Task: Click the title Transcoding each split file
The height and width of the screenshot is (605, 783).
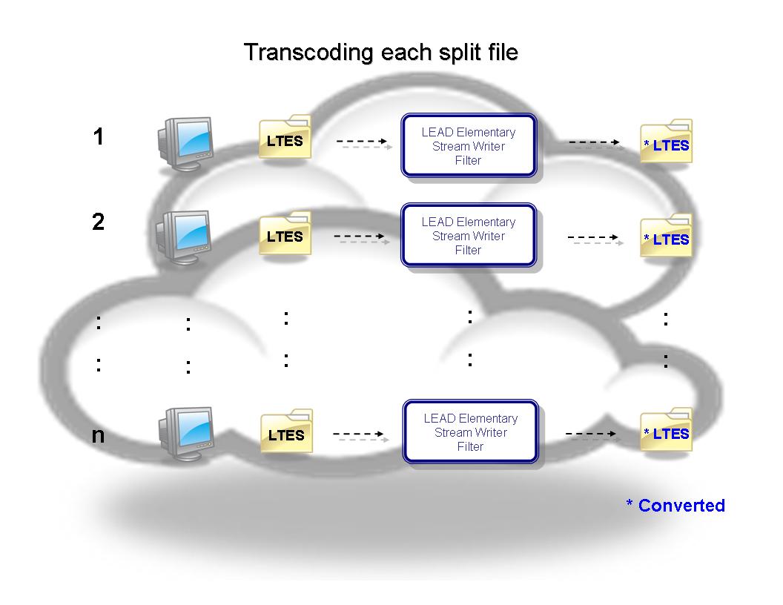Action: click(x=380, y=53)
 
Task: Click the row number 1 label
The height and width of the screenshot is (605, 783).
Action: click(x=99, y=136)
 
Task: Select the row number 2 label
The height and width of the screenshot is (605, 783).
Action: click(x=99, y=222)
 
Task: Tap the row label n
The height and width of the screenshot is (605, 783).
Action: click(x=98, y=435)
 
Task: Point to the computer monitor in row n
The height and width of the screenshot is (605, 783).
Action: click(x=185, y=432)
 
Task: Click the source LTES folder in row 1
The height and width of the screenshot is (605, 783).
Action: click(x=285, y=139)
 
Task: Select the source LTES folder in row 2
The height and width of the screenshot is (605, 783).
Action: click(x=285, y=235)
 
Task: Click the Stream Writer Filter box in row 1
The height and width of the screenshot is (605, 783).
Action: click(x=468, y=146)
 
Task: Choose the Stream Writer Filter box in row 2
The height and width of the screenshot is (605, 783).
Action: click(x=468, y=236)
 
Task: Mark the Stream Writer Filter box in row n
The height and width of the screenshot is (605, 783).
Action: click(x=470, y=432)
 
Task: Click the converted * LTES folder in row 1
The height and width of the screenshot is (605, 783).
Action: click(x=667, y=142)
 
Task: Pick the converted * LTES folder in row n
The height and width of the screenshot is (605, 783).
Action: click(x=667, y=432)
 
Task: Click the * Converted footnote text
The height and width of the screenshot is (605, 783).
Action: click(x=675, y=506)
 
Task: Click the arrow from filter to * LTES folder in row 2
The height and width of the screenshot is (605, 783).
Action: click(x=593, y=239)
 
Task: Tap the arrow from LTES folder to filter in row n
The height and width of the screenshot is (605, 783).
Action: click(x=360, y=435)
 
